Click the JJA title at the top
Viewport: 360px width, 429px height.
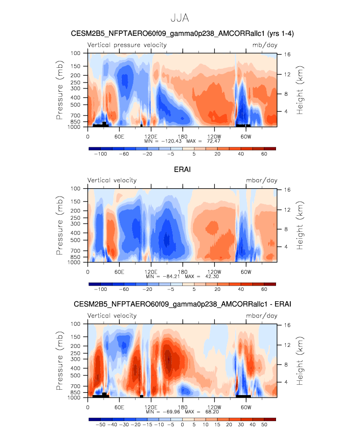tap(180, 18)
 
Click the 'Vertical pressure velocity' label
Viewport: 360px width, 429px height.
tap(127, 45)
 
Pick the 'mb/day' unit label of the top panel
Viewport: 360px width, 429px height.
tap(260, 45)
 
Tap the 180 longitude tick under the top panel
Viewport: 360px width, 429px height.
tap(183, 136)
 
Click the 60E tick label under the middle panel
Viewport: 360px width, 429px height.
tap(119, 272)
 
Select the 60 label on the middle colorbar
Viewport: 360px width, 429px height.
tap(264, 289)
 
